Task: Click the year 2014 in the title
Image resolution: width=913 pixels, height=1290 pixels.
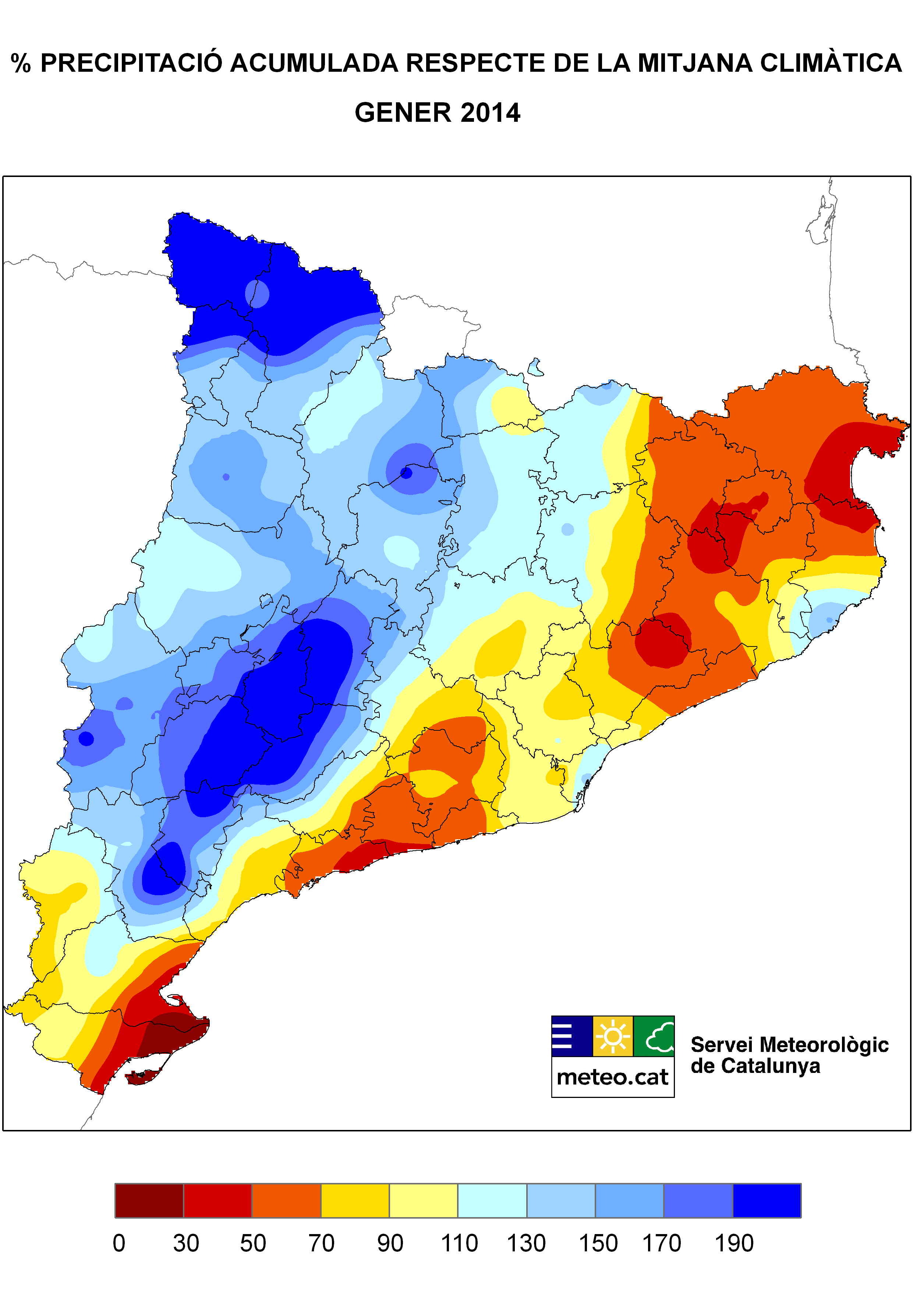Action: coord(490,113)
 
